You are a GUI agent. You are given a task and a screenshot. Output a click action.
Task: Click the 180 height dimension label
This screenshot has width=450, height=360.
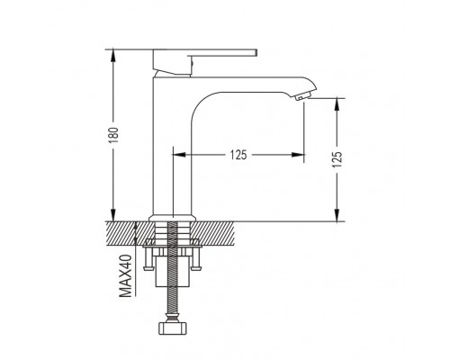[x=114, y=135]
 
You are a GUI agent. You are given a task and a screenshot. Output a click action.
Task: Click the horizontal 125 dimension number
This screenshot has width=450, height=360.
[x=238, y=155]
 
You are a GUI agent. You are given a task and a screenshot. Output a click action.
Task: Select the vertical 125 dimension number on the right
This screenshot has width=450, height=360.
[x=337, y=159]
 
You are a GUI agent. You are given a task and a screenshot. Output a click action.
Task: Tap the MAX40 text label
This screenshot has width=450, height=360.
[x=126, y=275]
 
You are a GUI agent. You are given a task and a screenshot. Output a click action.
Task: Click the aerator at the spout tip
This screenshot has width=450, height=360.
[x=302, y=96]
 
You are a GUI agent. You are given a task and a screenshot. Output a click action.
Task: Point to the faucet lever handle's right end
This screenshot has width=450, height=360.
[x=257, y=52]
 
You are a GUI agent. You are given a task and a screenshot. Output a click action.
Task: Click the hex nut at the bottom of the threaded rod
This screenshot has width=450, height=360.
[x=173, y=328]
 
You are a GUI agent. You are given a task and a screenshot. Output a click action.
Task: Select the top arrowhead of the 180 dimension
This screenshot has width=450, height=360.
[x=113, y=55]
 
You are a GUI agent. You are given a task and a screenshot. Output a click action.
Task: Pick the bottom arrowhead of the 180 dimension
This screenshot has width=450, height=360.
[x=113, y=215]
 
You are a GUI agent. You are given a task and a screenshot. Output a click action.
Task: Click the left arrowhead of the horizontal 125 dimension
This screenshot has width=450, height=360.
[x=179, y=155]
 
